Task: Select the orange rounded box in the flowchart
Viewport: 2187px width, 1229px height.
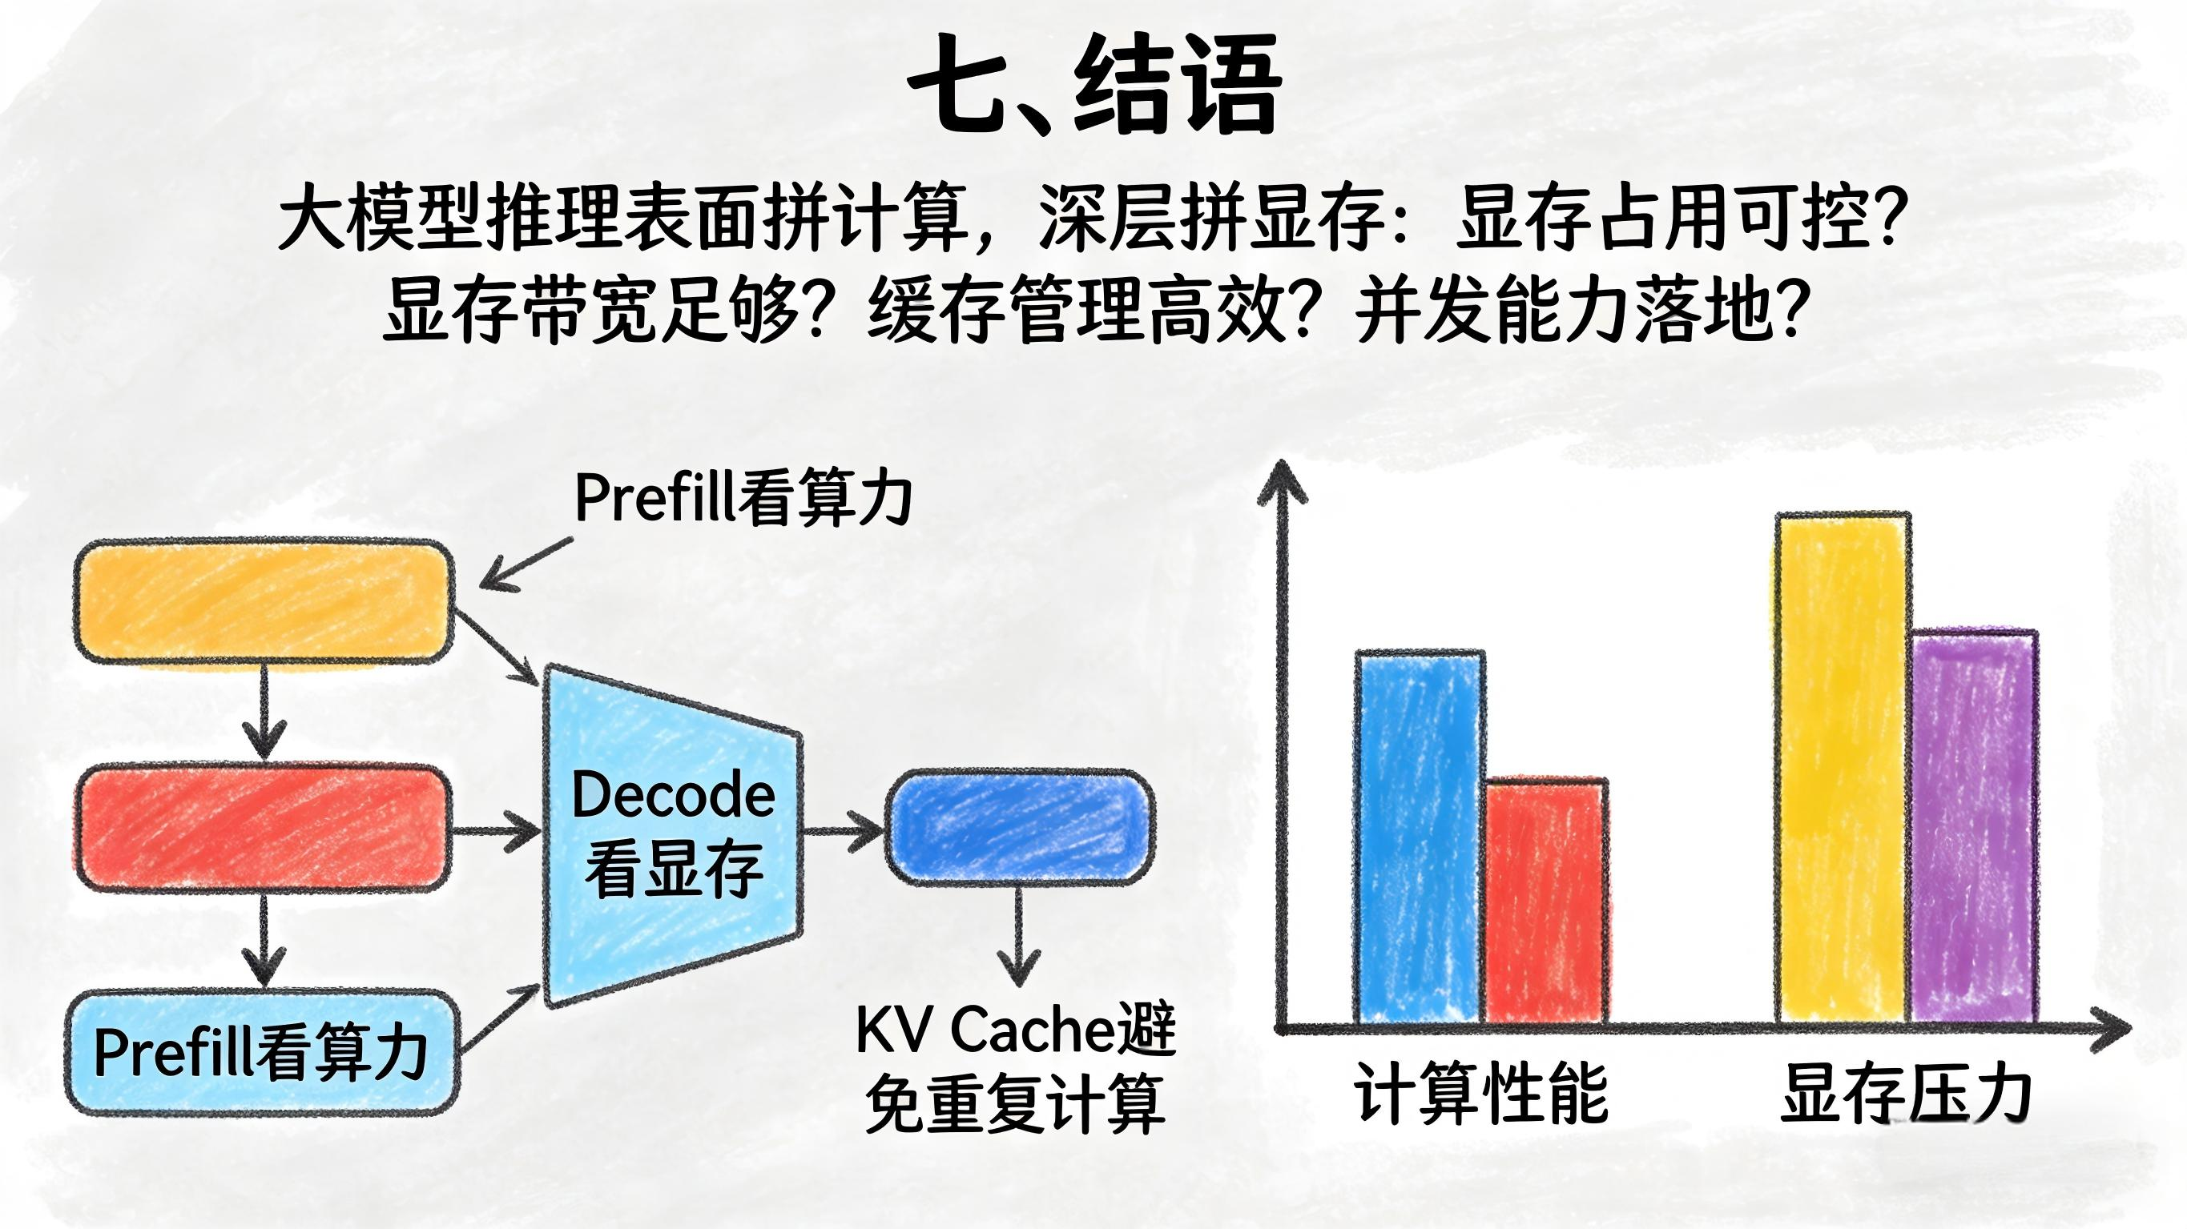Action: pos(264,601)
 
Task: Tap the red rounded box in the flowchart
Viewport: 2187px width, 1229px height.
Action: pos(264,828)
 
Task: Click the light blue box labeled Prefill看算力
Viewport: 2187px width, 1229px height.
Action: pos(262,1053)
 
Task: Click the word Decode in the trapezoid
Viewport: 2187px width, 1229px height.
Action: pos(673,795)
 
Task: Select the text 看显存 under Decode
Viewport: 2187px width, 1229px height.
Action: pos(673,870)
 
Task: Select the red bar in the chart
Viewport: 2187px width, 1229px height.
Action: pos(1545,902)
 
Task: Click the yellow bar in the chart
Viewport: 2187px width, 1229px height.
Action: pos(1842,769)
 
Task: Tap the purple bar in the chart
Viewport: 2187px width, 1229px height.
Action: pos(1974,828)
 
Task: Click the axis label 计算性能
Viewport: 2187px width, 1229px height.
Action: pos(1481,1093)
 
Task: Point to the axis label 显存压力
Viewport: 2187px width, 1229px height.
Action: pos(1906,1093)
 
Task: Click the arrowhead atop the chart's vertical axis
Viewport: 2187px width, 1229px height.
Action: pos(1282,480)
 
